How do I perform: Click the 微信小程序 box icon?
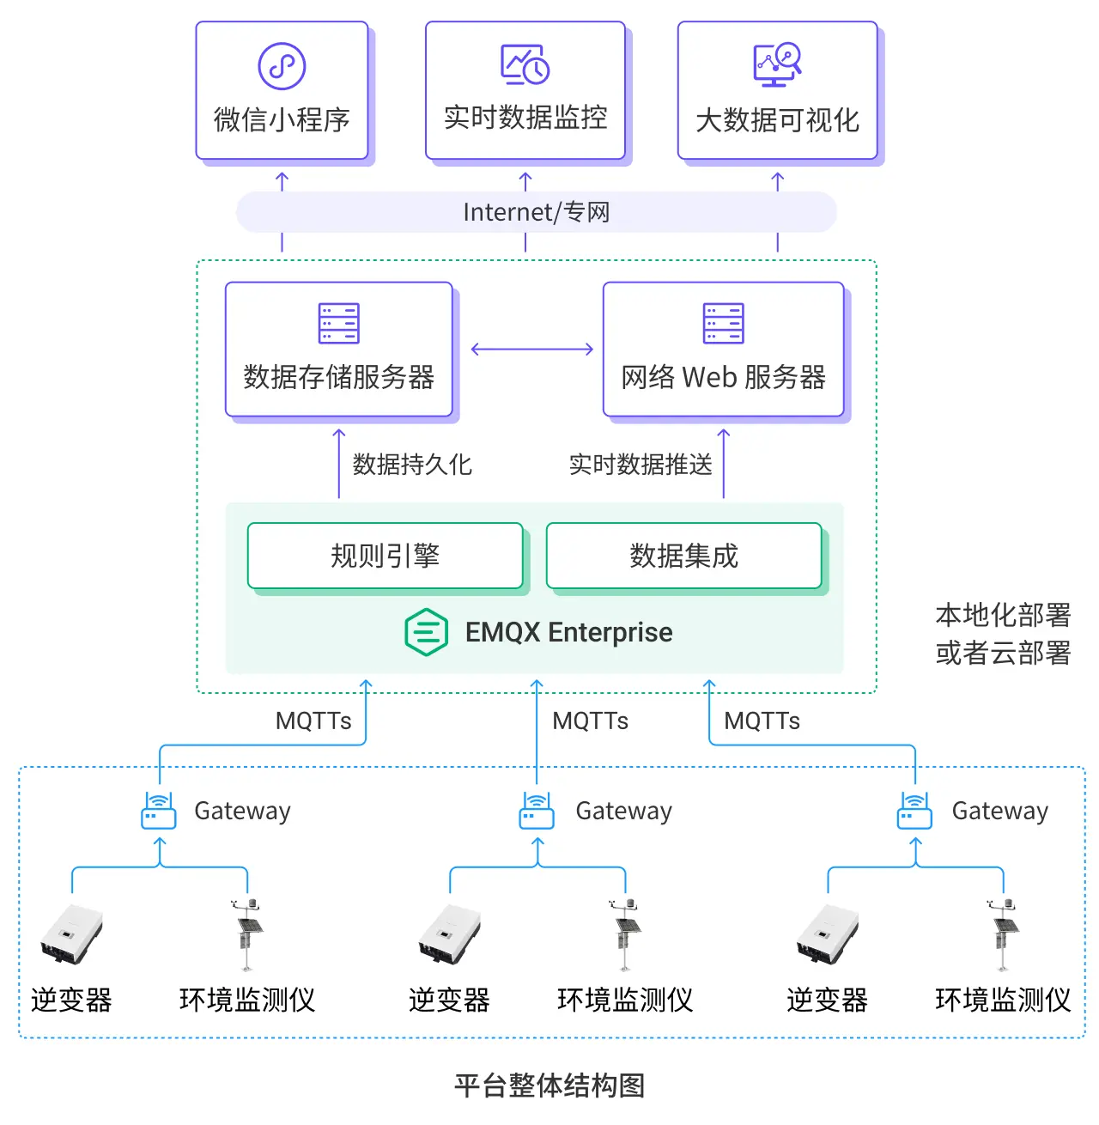[x=282, y=66]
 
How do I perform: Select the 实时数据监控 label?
[x=525, y=118]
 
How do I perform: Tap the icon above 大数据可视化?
[x=777, y=65]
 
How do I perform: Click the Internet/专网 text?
[x=536, y=212]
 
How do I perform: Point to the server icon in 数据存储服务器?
[x=338, y=324]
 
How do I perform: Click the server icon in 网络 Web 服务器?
[x=723, y=324]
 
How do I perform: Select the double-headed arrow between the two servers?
[x=532, y=349]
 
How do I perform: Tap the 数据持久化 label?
[x=412, y=465]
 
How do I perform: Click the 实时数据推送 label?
[x=641, y=465]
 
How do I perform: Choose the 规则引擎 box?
[x=386, y=556]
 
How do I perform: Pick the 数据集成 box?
[x=683, y=556]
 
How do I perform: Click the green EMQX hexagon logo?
[x=426, y=633]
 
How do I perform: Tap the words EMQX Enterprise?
[x=568, y=633]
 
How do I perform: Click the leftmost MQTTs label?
[x=313, y=721]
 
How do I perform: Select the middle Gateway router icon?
[x=537, y=811]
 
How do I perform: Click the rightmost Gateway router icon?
[x=914, y=811]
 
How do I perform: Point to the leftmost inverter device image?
[x=71, y=934]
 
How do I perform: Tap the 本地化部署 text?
[x=1003, y=615]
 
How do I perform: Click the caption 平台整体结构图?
[x=549, y=1085]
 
